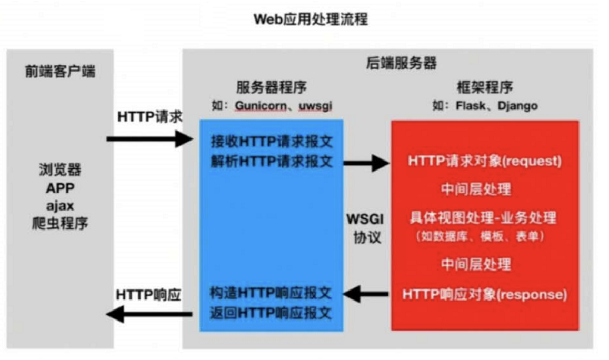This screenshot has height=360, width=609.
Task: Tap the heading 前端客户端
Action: pyautogui.click(x=60, y=72)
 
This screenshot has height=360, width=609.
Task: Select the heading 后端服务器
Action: pyautogui.click(x=401, y=64)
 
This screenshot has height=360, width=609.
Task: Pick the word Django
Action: pyautogui.click(x=517, y=105)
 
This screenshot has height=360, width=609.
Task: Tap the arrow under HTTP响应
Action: pyautogui.click(x=149, y=315)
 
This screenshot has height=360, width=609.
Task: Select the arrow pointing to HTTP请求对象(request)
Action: pyautogui.click(x=366, y=163)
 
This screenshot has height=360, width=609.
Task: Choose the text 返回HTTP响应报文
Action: pyautogui.click(x=272, y=313)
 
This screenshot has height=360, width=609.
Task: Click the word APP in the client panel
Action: pyautogui.click(x=60, y=188)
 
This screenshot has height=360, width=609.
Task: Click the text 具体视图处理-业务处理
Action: pyautogui.click(x=483, y=217)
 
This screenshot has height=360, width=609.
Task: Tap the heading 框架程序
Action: pyautogui.click(x=484, y=87)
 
